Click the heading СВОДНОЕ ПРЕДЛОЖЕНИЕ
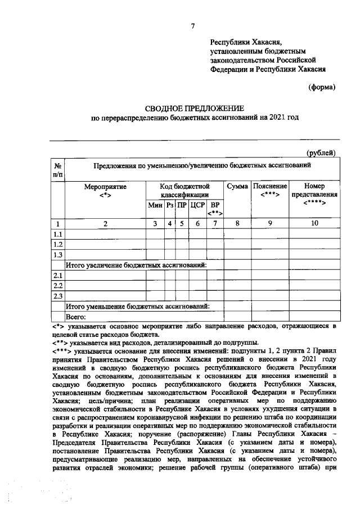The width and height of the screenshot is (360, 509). click(x=194, y=107)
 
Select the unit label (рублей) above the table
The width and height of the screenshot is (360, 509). click(x=321, y=152)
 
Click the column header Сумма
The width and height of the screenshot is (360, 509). click(x=237, y=186)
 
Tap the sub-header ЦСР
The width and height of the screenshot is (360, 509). click(x=197, y=206)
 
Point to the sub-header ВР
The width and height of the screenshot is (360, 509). click(x=215, y=209)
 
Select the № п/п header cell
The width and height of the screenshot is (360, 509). click(x=58, y=170)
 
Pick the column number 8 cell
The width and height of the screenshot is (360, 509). click(x=237, y=224)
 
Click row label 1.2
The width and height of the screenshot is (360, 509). click(x=57, y=244)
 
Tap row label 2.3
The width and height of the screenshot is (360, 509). click(x=57, y=296)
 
